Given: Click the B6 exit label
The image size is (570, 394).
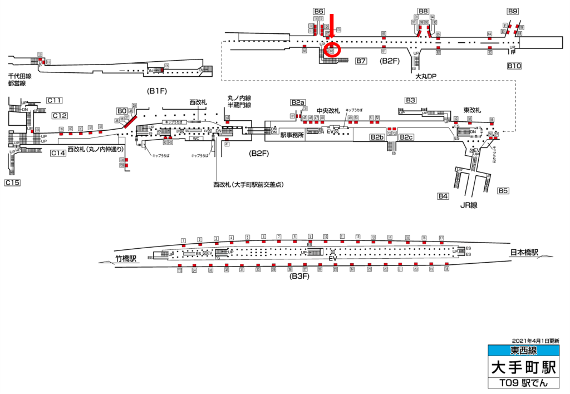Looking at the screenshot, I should tap(319, 11).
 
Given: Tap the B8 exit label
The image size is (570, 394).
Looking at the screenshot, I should tap(423, 11).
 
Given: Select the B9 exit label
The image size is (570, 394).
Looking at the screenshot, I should tap(513, 11).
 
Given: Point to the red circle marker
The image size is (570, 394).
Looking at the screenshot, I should tap(332, 51).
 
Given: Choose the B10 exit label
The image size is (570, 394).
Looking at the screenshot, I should tap(514, 66).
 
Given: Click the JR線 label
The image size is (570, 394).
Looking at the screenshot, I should tap(470, 205).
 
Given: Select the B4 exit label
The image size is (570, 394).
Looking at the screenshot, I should tap(443, 196).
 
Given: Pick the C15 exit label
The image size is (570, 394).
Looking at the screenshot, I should tap(12, 183).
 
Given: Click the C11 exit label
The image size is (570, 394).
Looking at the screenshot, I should tap(54, 100).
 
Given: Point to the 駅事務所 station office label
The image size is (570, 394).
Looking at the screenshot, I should tap(292, 135).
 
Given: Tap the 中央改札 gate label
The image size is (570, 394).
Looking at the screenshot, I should tap(327, 110).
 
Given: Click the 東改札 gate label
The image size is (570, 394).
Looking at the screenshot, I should tap(473, 110).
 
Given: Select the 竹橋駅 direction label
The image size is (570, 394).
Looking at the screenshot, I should tap(126, 259).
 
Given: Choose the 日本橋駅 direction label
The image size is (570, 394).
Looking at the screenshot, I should tap(524, 253).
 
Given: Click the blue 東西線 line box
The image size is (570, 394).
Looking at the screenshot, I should tap(523, 351).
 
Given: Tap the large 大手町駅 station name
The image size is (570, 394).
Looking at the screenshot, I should tap(523, 367).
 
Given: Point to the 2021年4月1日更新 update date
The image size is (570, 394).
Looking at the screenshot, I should tap(535, 340).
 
